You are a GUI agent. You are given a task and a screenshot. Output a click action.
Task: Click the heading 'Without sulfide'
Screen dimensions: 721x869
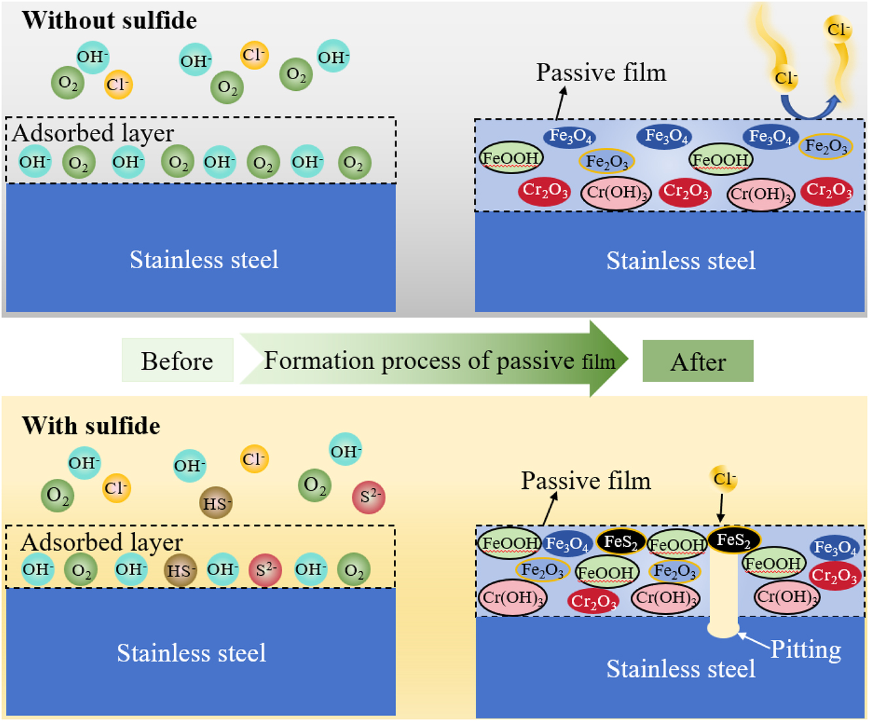(109, 20)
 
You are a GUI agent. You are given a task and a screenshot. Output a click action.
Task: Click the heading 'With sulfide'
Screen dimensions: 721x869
(91, 426)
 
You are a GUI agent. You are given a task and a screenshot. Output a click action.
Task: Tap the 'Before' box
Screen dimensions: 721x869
(177, 360)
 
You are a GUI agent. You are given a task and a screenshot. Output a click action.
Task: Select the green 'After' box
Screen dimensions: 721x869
(698, 361)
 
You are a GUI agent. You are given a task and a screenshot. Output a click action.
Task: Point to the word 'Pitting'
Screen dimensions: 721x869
(805, 649)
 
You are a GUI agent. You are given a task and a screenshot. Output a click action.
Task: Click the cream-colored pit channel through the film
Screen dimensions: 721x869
(724, 592)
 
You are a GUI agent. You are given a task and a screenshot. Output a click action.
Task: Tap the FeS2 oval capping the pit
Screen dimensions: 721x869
(734, 540)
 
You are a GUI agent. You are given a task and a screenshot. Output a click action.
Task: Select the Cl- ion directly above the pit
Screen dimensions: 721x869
(724, 479)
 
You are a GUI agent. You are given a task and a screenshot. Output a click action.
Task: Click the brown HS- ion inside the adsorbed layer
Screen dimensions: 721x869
(180, 570)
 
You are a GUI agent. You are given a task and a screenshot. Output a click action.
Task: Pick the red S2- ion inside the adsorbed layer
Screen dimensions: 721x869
(265, 570)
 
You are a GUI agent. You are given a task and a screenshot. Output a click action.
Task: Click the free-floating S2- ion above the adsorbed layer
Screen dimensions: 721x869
(368, 497)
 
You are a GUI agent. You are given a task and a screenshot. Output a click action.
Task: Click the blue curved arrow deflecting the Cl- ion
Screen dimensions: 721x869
(809, 108)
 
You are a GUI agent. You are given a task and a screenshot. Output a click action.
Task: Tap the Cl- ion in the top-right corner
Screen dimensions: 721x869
(838, 30)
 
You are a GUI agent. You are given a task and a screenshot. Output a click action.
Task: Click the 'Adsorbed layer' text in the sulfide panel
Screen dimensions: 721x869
(101, 542)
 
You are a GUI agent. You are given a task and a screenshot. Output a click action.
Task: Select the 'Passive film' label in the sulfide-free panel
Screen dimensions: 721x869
(601, 73)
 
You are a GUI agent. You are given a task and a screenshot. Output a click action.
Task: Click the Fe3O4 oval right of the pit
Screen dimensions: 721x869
(834, 548)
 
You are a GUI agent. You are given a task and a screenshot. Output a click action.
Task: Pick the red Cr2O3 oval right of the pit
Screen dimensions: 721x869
(834, 576)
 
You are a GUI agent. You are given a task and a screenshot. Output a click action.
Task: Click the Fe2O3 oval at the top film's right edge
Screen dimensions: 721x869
(825, 147)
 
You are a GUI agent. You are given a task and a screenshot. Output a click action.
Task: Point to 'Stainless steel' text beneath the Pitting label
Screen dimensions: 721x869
(681, 669)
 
